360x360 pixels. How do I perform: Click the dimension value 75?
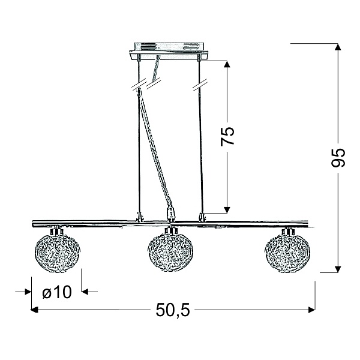[x=227, y=136]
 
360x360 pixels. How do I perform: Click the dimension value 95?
[x=338, y=157]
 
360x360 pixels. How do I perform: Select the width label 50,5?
[x=173, y=310]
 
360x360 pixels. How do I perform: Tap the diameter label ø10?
[x=57, y=292]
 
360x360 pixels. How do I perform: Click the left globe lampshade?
[x=58, y=252]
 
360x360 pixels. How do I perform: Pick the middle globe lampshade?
[x=170, y=252]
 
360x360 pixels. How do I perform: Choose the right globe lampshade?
[x=287, y=253]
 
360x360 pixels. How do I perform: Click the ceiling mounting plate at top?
[x=168, y=51]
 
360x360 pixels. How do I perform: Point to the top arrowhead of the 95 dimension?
[x=337, y=47]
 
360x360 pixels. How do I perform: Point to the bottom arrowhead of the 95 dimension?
[x=337, y=269]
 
